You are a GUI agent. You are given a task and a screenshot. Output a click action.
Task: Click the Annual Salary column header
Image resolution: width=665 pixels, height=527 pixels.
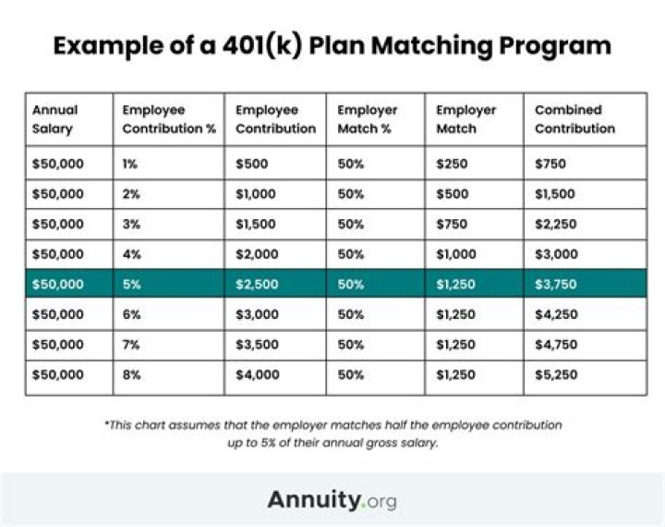click(x=55, y=119)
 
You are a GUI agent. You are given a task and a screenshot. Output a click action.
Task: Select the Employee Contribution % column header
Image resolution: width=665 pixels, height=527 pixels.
click(x=168, y=119)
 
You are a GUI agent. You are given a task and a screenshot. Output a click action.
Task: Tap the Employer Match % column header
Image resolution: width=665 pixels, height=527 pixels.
click(x=367, y=119)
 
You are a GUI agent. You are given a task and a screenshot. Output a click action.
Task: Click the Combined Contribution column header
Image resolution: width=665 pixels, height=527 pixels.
click(x=574, y=119)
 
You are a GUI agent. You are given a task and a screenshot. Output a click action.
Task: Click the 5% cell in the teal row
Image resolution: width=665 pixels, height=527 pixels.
click(x=132, y=284)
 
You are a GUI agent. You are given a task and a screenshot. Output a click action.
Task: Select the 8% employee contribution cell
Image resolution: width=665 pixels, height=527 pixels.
click(x=132, y=375)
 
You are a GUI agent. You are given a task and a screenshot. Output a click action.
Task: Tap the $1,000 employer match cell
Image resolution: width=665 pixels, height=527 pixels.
click(x=455, y=253)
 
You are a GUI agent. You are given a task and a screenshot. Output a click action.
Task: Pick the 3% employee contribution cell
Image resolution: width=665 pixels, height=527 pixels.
click(x=132, y=223)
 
